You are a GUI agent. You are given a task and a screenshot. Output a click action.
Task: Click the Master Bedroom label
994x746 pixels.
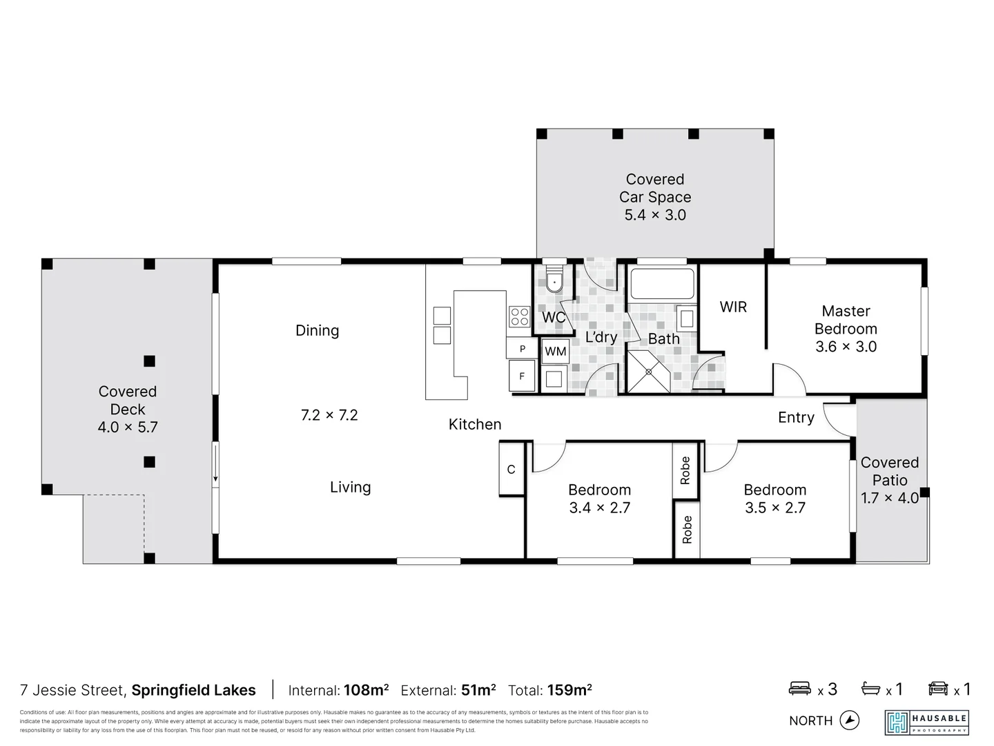(x=846, y=320)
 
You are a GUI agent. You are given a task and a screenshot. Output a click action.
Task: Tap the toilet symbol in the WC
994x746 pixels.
(x=554, y=282)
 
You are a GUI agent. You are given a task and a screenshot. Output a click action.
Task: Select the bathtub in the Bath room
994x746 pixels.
(x=662, y=284)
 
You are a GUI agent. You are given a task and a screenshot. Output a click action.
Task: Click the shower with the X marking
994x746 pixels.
(x=648, y=372)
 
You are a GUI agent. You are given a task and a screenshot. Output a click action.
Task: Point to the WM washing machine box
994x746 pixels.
(x=555, y=351)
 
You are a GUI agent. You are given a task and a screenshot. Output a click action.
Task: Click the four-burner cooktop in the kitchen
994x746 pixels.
(x=519, y=316)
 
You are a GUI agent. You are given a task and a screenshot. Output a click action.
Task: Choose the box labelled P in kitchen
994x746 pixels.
(x=522, y=349)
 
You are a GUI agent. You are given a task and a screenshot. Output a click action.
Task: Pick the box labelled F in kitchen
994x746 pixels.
(x=521, y=376)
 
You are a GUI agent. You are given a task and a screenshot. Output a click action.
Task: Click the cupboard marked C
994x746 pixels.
(x=511, y=469)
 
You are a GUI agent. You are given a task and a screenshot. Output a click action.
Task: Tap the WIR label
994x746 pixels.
(x=733, y=307)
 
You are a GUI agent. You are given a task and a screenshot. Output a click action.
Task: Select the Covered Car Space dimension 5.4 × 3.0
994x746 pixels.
(x=655, y=215)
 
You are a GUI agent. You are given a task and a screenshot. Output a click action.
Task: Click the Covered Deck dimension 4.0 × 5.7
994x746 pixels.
(x=128, y=427)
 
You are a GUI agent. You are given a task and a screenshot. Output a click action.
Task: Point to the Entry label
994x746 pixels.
(x=796, y=417)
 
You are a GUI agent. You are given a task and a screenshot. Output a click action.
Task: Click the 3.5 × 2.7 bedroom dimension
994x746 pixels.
(x=774, y=508)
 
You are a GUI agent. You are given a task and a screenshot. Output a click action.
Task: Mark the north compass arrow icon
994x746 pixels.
(x=850, y=720)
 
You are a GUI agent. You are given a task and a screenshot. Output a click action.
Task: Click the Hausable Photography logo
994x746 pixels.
(x=926, y=722)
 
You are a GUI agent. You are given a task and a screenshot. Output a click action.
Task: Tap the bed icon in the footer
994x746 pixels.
(x=800, y=689)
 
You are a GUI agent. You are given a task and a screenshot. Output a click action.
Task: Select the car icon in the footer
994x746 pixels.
(x=938, y=689)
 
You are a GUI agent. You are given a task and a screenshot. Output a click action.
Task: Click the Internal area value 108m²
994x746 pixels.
(x=366, y=690)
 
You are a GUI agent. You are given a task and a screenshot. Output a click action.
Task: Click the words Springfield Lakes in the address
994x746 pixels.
(x=193, y=690)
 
